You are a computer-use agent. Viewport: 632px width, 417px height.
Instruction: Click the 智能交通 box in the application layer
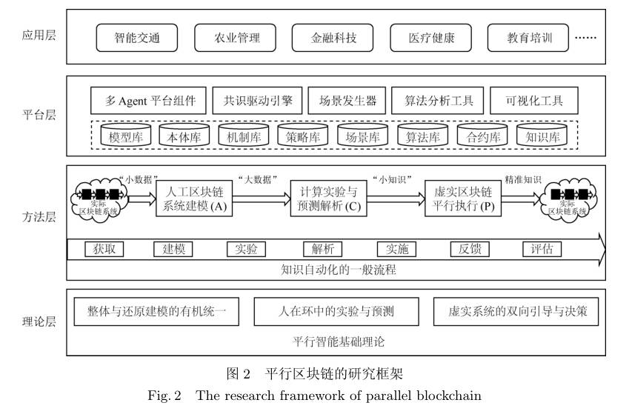pyautogui.click(x=137, y=37)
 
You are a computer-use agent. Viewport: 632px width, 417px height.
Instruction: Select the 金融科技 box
pyautogui.click(x=333, y=37)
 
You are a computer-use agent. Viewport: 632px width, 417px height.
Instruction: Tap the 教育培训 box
pyautogui.click(x=528, y=37)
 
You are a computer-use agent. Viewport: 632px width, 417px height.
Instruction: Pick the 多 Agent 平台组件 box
pyautogui.click(x=147, y=101)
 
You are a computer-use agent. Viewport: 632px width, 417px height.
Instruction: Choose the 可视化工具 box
pyautogui.click(x=533, y=101)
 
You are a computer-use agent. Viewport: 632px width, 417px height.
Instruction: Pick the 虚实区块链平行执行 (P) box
pyautogui.click(x=463, y=199)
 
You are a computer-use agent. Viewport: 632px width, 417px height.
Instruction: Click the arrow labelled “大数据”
pyautogui.click(x=257, y=198)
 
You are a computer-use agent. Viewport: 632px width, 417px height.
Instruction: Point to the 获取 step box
pyautogui.click(x=104, y=249)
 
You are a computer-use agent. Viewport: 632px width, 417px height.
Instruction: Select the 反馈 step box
pyautogui.click(x=469, y=249)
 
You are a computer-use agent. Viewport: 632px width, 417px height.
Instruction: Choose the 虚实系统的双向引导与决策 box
pyautogui.click(x=516, y=312)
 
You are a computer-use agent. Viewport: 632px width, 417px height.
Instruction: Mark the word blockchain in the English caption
pyautogui.click(x=449, y=396)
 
